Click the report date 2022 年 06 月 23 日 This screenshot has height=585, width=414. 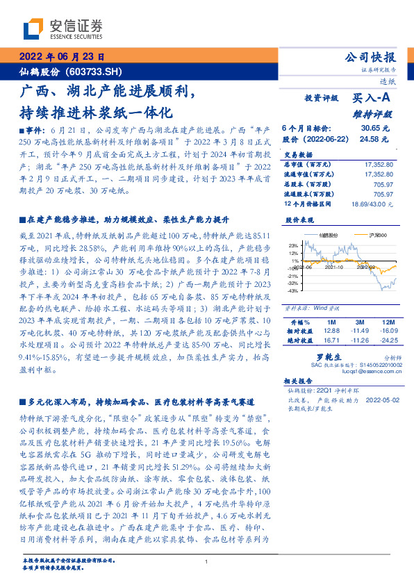[60, 58]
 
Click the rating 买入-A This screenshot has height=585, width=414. [372, 99]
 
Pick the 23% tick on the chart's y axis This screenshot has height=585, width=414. [293, 245]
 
